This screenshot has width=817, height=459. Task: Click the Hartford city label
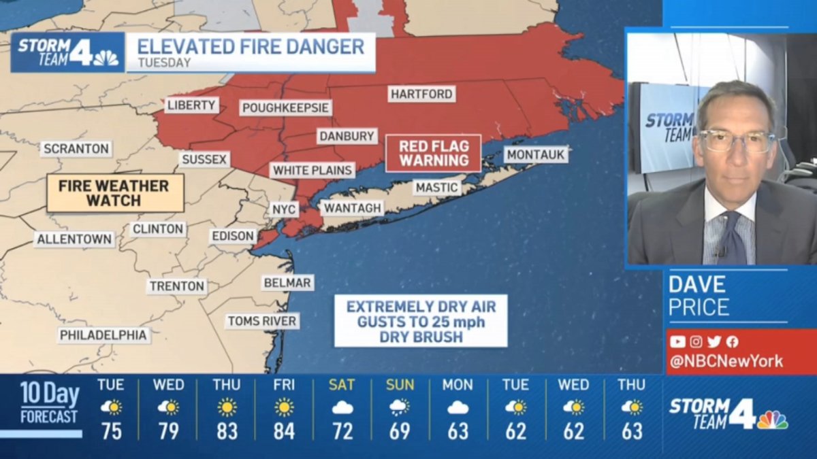click(421, 94)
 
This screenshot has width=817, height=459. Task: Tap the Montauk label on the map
click(536, 154)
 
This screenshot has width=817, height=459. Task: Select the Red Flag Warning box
click(434, 153)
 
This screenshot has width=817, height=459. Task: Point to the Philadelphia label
click(103, 335)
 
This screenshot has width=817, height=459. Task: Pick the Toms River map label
click(262, 321)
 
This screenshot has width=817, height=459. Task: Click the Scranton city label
click(76, 148)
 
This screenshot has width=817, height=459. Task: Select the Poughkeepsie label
click(285, 108)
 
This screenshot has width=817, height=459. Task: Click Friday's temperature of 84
click(284, 431)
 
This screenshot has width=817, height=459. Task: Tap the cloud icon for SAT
click(342, 408)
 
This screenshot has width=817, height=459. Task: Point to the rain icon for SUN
click(400, 407)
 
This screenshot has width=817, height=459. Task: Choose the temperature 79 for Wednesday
click(168, 431)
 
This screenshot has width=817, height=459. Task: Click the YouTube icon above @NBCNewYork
click(677, 342)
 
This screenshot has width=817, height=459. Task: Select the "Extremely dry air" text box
click(421, 321)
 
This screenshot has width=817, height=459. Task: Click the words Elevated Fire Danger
click(251, 47)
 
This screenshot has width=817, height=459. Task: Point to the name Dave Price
click(699, 295)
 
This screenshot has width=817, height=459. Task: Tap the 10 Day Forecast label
click(49, 403)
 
